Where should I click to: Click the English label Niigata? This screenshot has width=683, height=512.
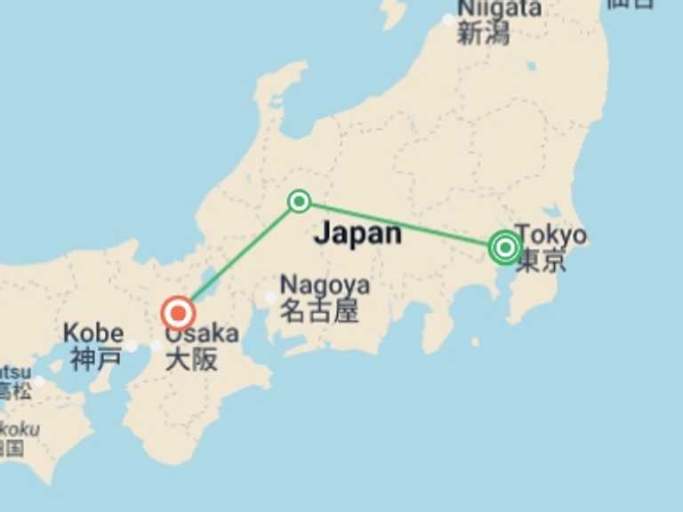pyautogui.click(x=500, y=8)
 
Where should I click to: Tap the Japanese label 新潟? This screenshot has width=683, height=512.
pyautogui.click(x=485, y=34)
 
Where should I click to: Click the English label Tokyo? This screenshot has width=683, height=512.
pyautogui.click(x=551, y=235)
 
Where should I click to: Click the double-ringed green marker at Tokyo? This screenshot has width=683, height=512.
pyautogui.click(x=504, y=247)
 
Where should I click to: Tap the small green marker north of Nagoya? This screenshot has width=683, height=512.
pyautogui.click(x=300, y=202)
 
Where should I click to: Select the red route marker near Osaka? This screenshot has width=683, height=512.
pyautogui.click(x=179, y=313)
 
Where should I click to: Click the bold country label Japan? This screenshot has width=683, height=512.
pyautogui.click(x=358, y=233)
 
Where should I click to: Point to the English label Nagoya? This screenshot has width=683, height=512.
pyautogui.click(x=325, y=285)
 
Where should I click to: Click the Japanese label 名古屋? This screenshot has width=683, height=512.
pyautogui.click(x=319, y=310)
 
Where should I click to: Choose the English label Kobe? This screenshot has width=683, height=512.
pyautogui.click(x=92, y=334)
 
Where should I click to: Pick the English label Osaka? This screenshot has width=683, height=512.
pyautogui.click(x=202, y=334)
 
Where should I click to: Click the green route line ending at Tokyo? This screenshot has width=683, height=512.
pyautogui.click(x=400, y=224)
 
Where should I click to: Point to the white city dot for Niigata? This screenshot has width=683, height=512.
pyautogui.click(x=449, y=19)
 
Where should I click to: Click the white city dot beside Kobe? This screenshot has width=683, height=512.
pyautogui.click(x=132, y=346)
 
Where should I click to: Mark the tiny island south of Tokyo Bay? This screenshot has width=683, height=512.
pyautogui.click(x=475, y=341)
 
